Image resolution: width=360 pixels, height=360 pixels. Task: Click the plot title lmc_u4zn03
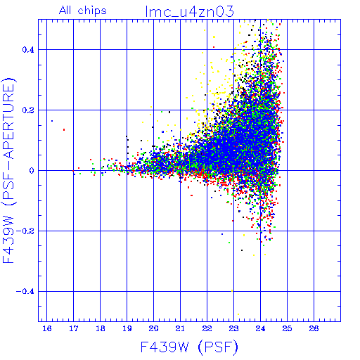pyautogui.click(x=189, y=11)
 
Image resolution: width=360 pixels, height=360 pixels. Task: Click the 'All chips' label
pyautogui.click(x=83, y=11)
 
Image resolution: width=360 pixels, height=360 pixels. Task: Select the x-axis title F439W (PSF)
pyautogui.click(x=189, y=347)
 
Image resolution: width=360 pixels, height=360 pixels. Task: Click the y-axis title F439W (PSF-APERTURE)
pyautogui.click(x=9, y=171)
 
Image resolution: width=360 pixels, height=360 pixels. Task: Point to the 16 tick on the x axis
pyautogui.click(x=47, y=328)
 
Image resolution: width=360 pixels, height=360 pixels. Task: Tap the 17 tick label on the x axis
pyautogui.click(x=74, y=328)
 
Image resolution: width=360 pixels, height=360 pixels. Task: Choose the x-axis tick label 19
pyautogui.click(x=127, y=328)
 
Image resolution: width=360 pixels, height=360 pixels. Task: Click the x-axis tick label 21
pyautogui.click(x=180, y=328)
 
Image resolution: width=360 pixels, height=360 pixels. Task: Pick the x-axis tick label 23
pyautogui.click(x=233, y=328)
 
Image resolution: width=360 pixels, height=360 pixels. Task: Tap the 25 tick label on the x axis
pyautogui.click(x=287, y=328)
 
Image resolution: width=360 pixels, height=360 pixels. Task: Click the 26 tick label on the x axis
pyautogui.click(x=314, y=328)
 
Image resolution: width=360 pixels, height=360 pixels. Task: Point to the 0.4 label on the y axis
pyautogui.click(x=28, y=50)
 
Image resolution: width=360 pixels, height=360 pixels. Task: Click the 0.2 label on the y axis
pyautogui.click(x=28, y=110)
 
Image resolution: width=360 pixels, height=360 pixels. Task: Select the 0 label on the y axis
pyautogui.click(x=32, y=171)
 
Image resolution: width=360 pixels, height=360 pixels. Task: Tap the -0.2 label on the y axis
pyautogui.click(x=25, y=231)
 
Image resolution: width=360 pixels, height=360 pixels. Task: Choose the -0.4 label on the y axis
pyautogui.click(x=25, y=292)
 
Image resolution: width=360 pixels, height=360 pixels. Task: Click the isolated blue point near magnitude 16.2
pyautogui.click(x=52, y=121)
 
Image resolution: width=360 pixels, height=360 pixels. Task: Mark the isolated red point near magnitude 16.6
pyautogui.click(x=64, y=129)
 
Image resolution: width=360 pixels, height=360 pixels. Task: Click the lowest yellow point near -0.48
pyautogui.click(x=238, y=314)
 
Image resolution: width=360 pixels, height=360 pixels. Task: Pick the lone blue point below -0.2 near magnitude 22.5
pyautogui.click(x=222, y=234)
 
